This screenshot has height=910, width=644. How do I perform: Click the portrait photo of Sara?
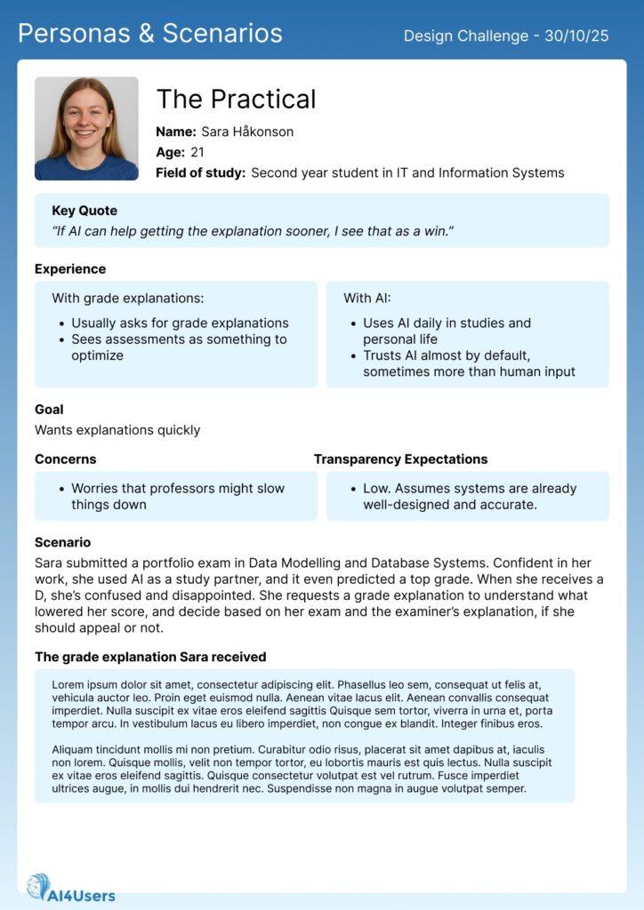[x=86, y=129]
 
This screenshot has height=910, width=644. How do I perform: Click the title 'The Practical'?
[x=236, y=100]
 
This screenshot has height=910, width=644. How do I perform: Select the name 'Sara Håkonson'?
[x=247, y=132]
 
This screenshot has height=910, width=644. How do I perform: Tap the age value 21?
[x=197, y=152]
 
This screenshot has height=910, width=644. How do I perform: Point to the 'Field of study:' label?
[x=200, y=172]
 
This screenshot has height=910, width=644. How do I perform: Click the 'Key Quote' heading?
[x=85, y=211]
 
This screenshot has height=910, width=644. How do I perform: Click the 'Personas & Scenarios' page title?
[x=150, y=34]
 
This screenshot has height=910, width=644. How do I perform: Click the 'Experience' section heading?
[x=70, y=269]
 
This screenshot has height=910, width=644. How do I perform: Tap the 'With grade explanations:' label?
[x=127, y=299]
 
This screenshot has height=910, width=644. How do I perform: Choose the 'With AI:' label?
[x=367, y=299]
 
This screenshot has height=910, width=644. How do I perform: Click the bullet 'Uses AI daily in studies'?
[x=447, y=323]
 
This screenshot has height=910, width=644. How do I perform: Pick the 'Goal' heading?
[x=49, y=410]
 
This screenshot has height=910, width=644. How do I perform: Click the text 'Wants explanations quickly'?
[x=117, y=430]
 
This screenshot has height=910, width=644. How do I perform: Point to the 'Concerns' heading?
[x=66, y=459]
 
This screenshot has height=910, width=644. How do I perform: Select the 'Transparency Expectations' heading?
[x=400, y=459]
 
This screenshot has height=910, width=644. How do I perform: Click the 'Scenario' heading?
[x=62, y=542]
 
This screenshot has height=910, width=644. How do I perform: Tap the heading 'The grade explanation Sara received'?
[x=150, y=657]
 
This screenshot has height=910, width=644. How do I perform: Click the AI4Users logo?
[x=71, y=888]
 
